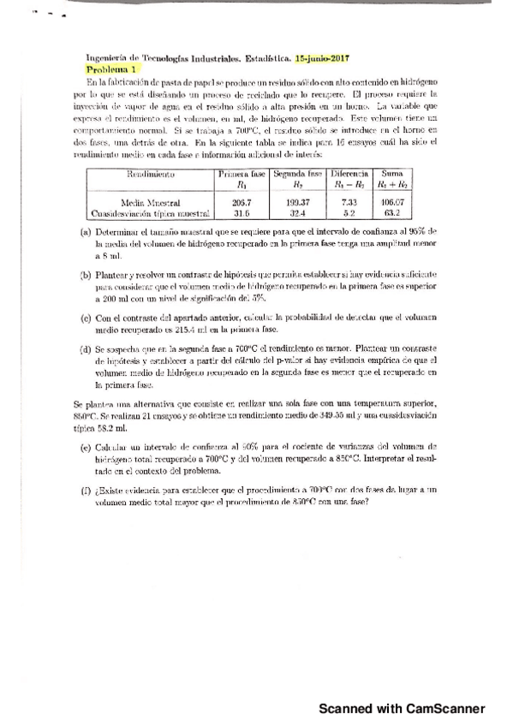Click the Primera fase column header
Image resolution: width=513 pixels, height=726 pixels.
[x=242, y=173]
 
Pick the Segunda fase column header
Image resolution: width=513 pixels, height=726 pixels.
[x=298, y=173]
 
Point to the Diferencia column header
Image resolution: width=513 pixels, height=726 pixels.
[x=349, y=173]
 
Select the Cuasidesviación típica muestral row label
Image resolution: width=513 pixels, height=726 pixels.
[x=151, y=213]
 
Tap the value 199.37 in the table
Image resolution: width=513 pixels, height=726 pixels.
[x=298, y=202]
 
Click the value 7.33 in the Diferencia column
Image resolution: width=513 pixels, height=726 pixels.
[x=349, y=202]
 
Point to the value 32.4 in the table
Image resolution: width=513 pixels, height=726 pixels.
[x=298, y=213]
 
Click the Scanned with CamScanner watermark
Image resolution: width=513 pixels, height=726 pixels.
[x=402, y=708]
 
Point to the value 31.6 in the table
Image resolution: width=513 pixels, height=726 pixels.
[x=242, y=213]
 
